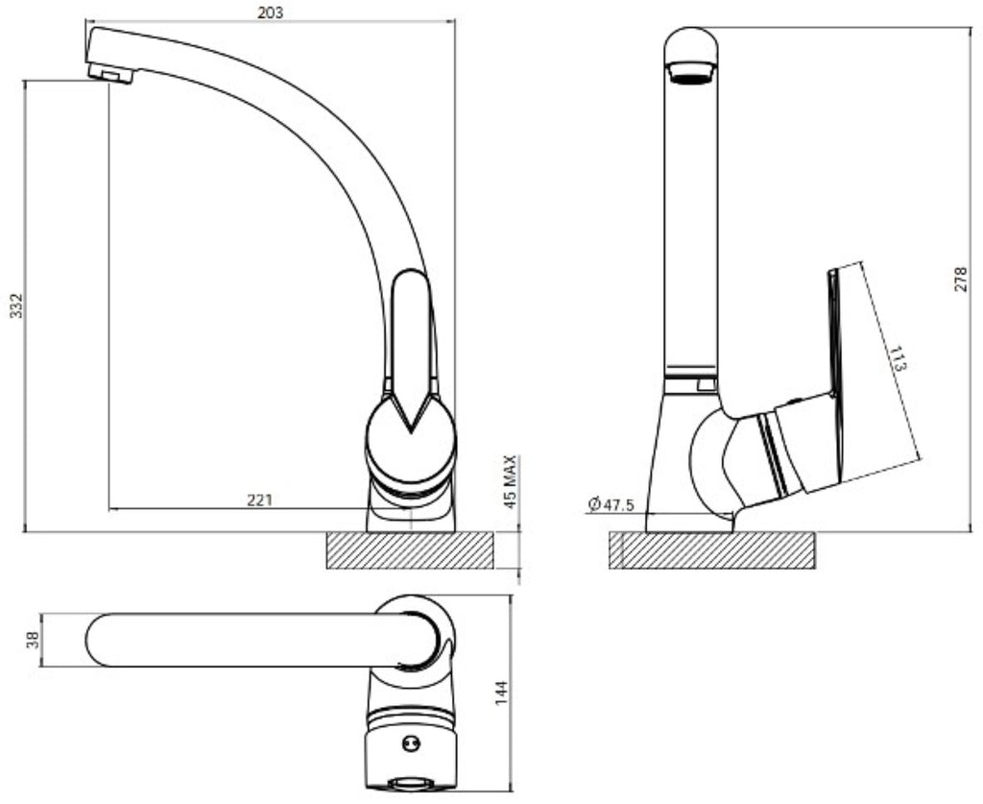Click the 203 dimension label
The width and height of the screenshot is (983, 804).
click(x=270, y=12)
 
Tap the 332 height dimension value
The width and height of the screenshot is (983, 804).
click(x=16, y=305)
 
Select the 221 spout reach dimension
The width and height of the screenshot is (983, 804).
click(x=259, y=499)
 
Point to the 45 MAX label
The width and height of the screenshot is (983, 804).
click(x=511, y=481)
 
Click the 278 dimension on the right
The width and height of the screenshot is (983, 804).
click(x=961, y=280)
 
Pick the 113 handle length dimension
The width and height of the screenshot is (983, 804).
click(x=898, y=358)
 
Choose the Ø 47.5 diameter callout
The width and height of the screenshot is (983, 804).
click(x=611, y=504)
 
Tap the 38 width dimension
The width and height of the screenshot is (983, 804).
click(x=33, y=640)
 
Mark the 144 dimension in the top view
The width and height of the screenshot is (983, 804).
click(x=501, y=693)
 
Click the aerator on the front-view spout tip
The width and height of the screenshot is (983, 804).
click(x=111, y=73)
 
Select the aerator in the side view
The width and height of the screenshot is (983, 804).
click(x=691, y=72)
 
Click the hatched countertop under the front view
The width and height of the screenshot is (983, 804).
click(x=410, y=550)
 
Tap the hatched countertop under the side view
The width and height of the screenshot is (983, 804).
click(x=712, y=550)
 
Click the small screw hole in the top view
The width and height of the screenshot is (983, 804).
click(x=411, y=743)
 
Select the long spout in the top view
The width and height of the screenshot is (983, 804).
click(x=263, y=640)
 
